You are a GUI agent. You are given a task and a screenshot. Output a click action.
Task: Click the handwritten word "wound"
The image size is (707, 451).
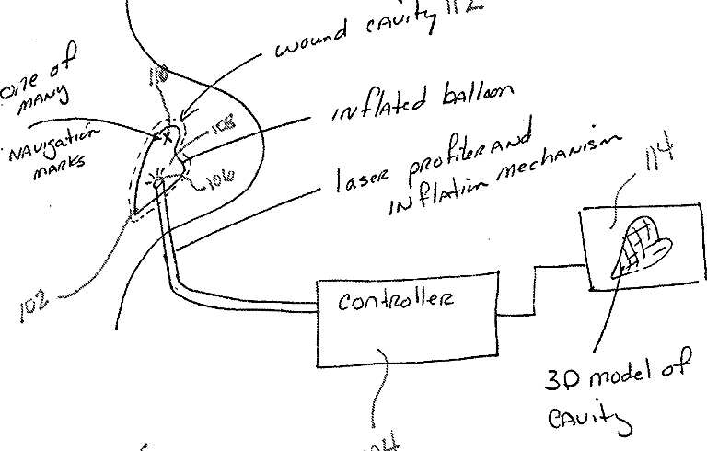pos(309,42)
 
